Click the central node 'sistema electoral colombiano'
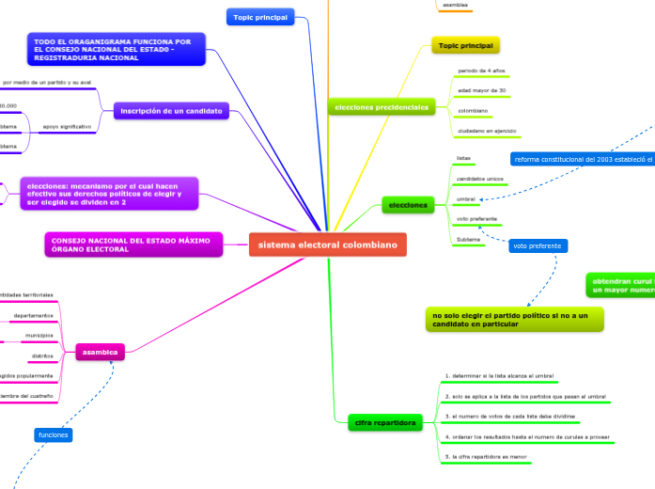tap(328, 245)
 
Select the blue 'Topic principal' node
tap(261, 16)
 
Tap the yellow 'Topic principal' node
tap(465, 45)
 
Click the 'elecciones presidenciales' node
tap(381, 107)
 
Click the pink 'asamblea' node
tap(101, 352)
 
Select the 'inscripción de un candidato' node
tap(171, 111)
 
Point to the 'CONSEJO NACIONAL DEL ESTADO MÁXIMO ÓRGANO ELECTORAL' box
tap(133, 244)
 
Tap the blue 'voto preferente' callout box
tap(538, 245)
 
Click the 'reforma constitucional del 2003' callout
tap(583, 158)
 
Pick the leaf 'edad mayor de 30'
tap(481, 90)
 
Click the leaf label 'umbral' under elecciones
tap(465, 199)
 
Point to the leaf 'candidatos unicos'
tap(479, 179)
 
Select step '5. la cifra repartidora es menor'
tap(486, 456)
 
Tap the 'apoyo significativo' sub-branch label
tap(68, 126)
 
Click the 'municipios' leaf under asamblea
tap(39, 336)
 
